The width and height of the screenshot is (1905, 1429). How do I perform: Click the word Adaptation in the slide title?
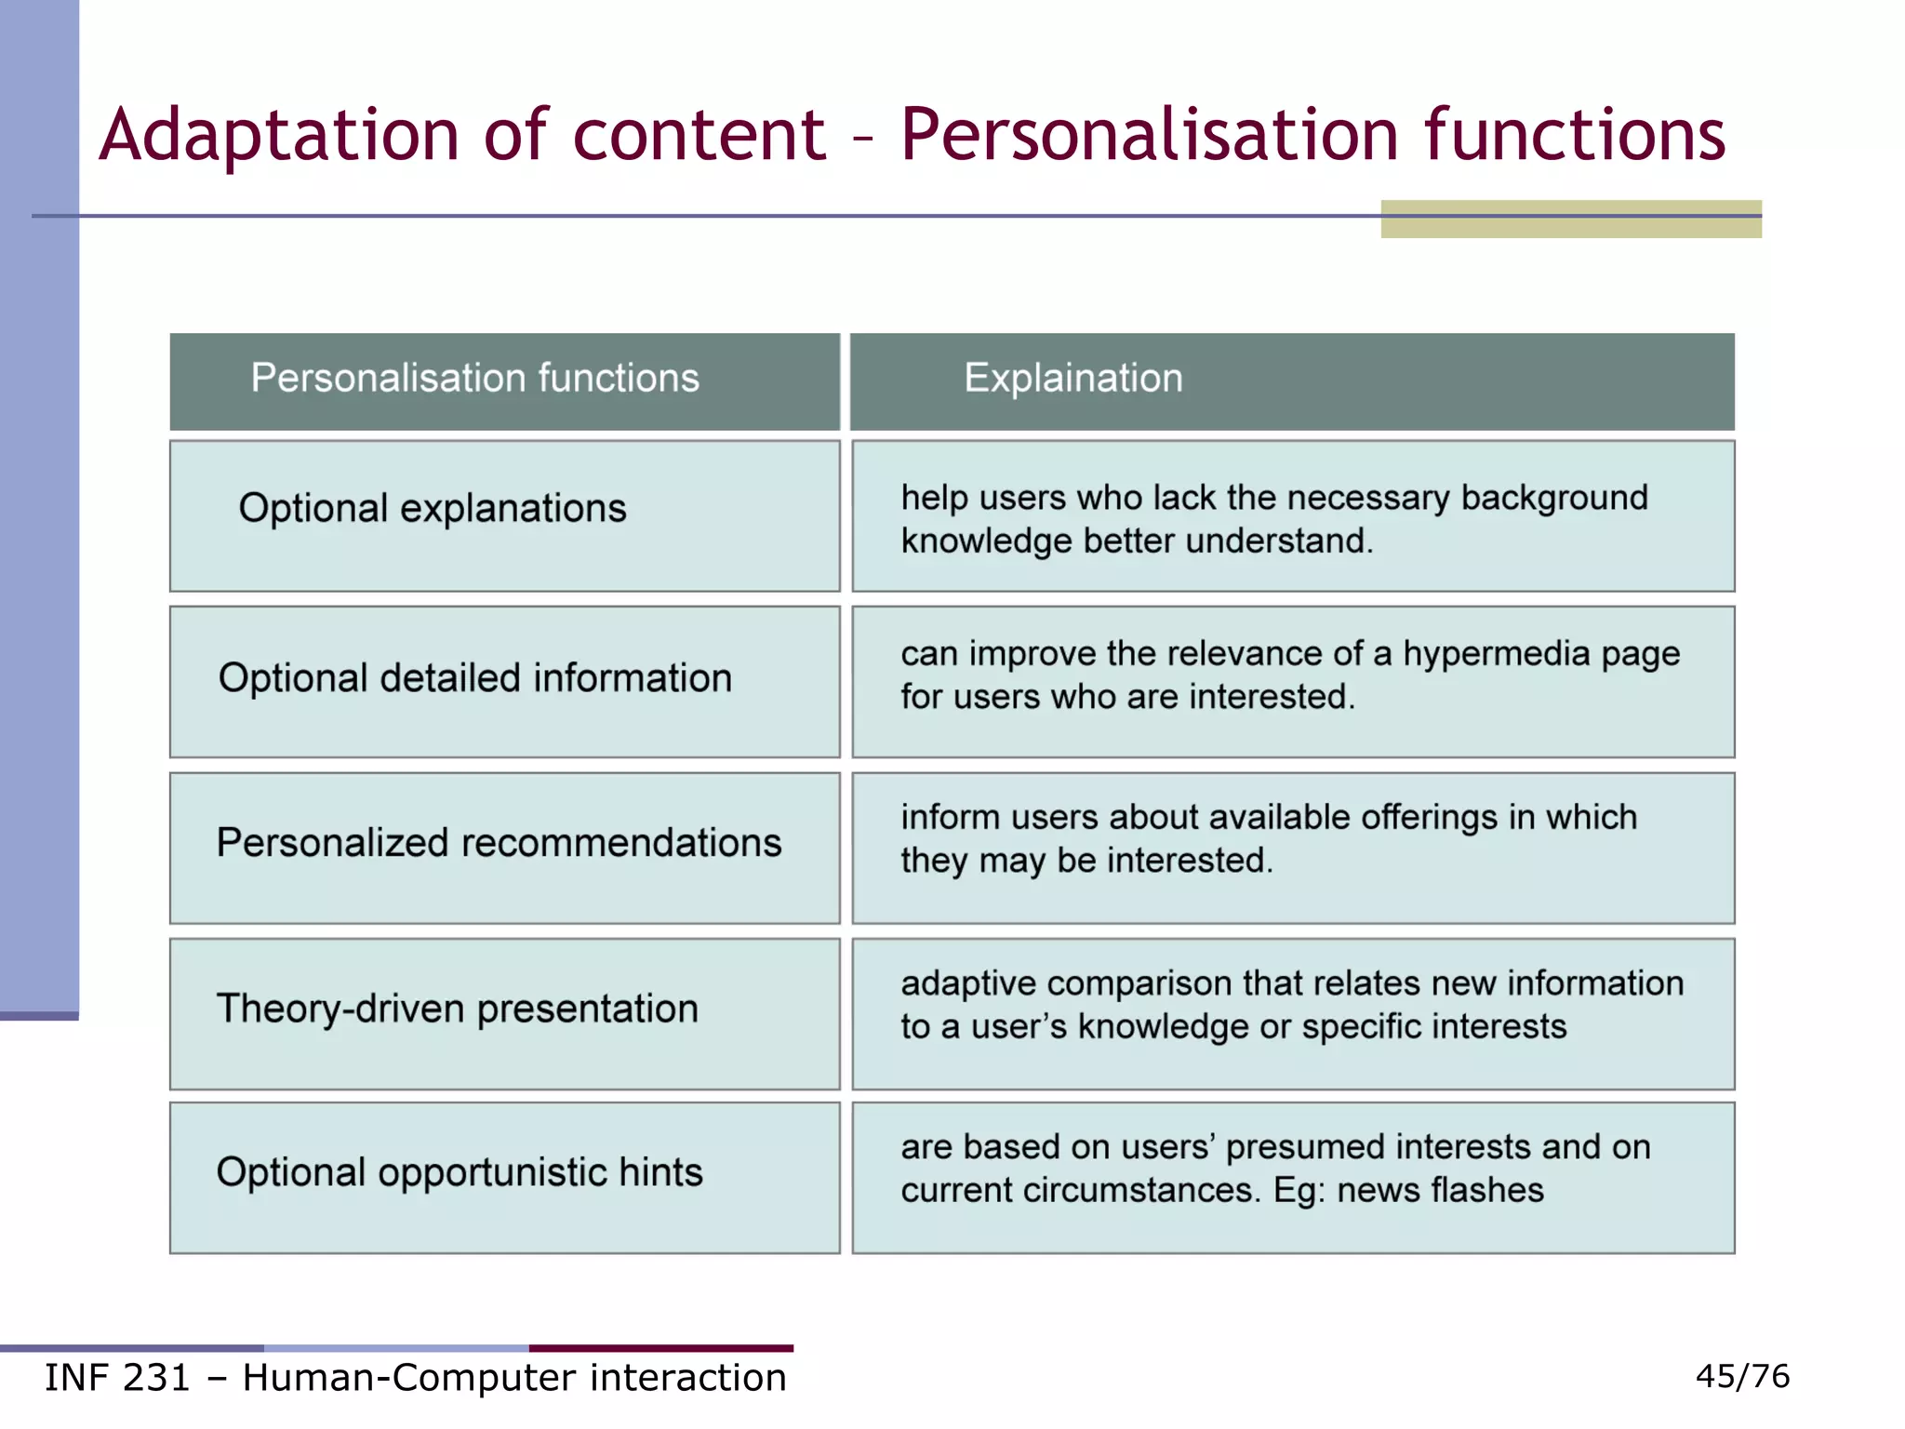coord(278,136)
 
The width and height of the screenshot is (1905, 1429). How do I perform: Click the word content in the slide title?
coord(699,136)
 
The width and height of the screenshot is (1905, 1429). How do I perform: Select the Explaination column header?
coord(1072,379)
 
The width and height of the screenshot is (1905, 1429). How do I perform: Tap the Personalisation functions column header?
coord(474,379)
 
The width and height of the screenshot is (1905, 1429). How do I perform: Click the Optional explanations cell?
coord(433,509)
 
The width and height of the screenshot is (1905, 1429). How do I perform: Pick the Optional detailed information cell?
coord(474,678)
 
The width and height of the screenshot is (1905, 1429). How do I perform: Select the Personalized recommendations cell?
coord(499,843)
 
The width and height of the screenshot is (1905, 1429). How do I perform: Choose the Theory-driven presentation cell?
coord(457,1009)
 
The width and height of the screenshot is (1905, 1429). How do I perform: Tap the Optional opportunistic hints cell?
coord(460,1172)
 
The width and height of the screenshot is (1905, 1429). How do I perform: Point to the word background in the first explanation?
coord(1554,499)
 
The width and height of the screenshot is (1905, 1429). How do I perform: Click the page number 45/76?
coord(1742,1376)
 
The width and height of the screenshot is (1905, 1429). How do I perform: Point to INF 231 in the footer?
coord(117,1378)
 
